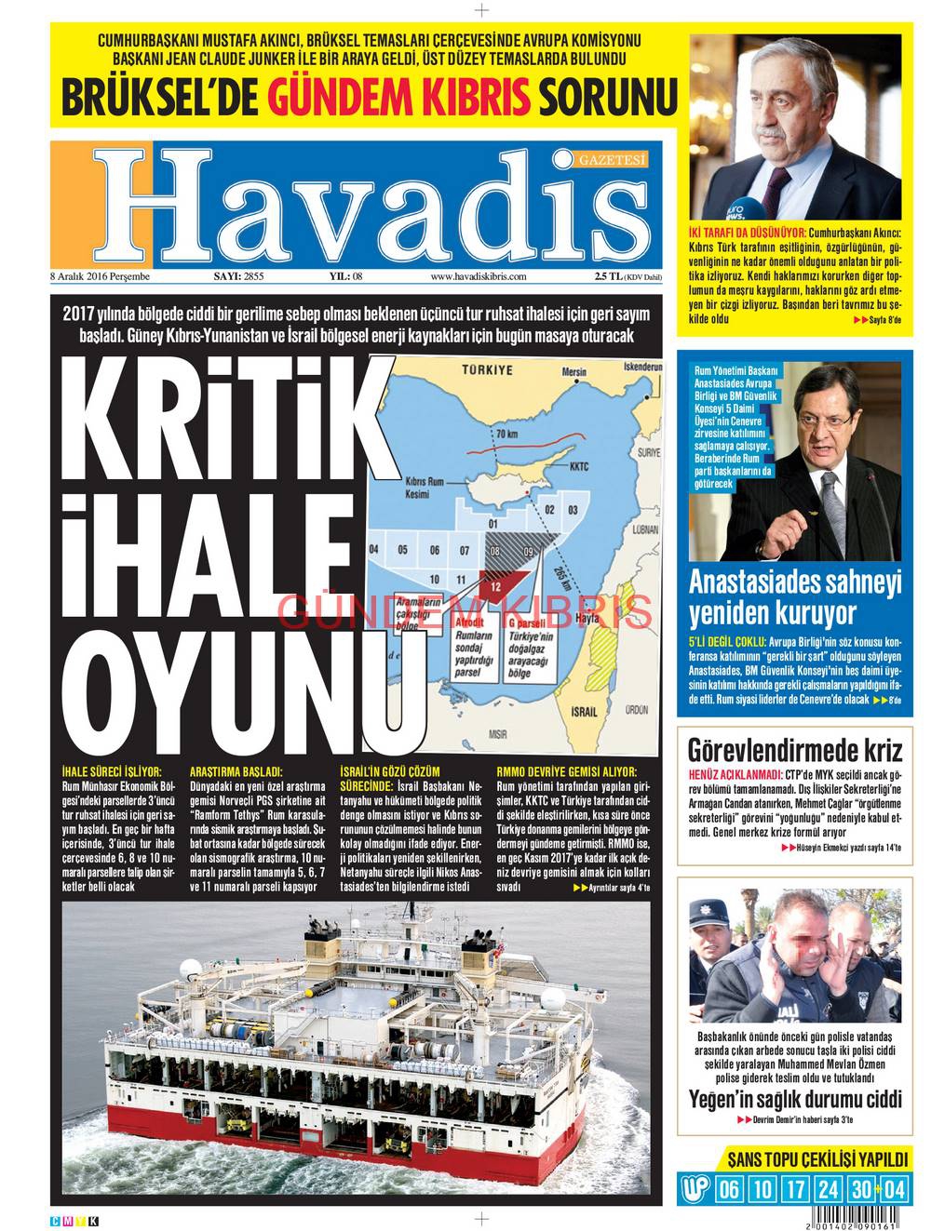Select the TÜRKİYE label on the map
pyautogui.click(x=487, y=369)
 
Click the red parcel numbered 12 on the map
pyautogui.click(x=496, y=586)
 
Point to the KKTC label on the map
pyautogui.click(x=578, y=467)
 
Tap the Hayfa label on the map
pyautogui.click(x=587, y=618)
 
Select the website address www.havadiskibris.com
pyautogui.click(x=479, y=276)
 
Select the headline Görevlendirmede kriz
pyautogui.click(x=795, y=750)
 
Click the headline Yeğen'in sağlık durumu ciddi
pyautogui.click(x=795, y=1099)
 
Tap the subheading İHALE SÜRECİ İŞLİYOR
pyautogui.click(x=112, y=771)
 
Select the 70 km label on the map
pyautogui.click(x=506, y=435)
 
